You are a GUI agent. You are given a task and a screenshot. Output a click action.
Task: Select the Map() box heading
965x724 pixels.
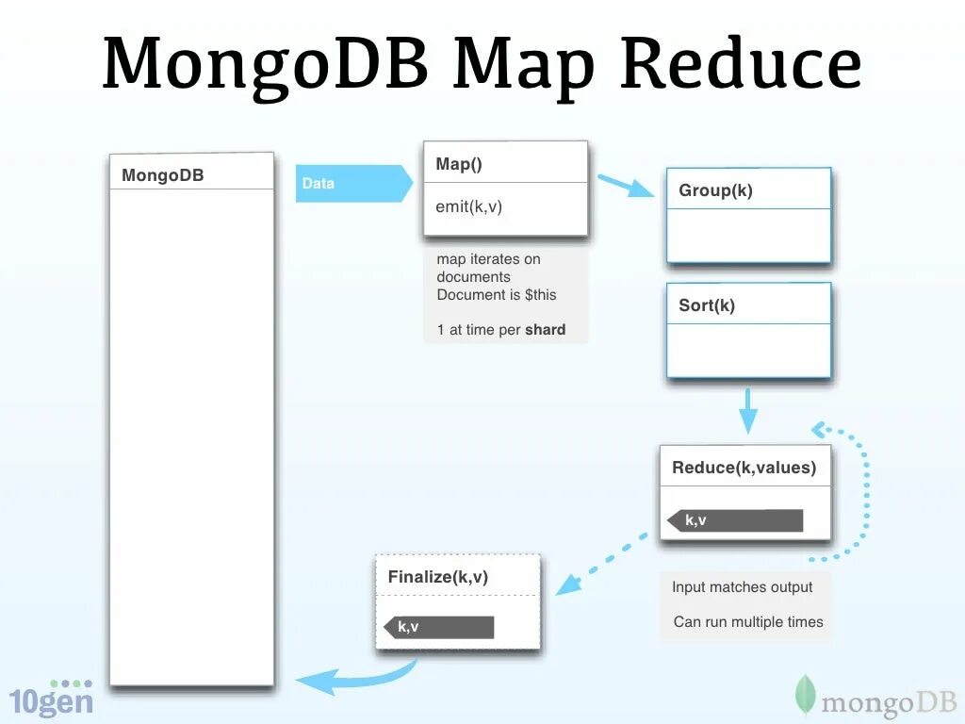(459, 164)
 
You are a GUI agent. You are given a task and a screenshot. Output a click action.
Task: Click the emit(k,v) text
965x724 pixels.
(469, 206)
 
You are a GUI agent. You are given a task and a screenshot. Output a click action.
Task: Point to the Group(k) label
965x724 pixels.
(715, 190)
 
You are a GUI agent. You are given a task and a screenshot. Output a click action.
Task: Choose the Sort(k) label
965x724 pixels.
(707, 305)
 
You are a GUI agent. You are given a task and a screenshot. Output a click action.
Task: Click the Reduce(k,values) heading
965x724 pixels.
(744, 468)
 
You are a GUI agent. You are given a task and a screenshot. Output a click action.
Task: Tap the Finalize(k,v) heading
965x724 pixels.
(438, 577)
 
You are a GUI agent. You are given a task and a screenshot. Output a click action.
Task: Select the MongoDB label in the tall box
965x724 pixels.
(162, 175)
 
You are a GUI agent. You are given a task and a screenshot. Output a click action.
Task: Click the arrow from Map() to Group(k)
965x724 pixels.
(625, 185)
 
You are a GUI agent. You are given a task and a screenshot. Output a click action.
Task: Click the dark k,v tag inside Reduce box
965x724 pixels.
(735, 520)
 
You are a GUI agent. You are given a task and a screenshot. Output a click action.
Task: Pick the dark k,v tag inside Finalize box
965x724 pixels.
(439, 627)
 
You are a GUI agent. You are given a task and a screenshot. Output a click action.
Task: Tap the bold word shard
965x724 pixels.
(546, 330)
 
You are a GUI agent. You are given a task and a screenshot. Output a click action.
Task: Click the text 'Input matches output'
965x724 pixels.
(742, 587)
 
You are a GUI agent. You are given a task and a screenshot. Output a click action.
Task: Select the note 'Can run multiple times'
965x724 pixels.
(748, 622)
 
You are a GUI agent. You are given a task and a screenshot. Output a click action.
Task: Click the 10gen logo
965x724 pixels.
(52, 698)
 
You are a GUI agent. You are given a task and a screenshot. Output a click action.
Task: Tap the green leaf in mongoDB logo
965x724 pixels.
(805, 695)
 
